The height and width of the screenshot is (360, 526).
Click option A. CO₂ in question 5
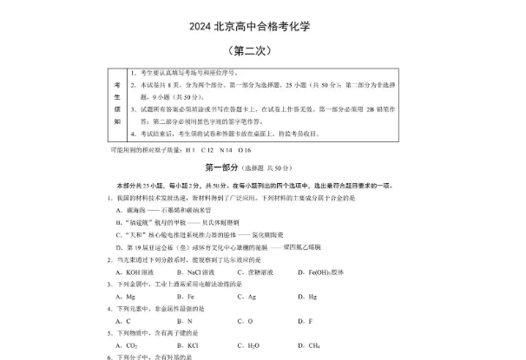123,344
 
